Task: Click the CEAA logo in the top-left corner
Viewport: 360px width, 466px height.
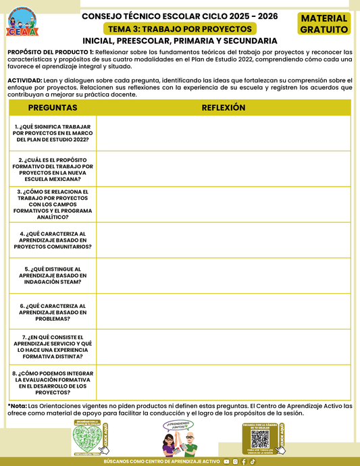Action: coord(23,23)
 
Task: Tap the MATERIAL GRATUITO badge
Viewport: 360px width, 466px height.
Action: coord(324,24)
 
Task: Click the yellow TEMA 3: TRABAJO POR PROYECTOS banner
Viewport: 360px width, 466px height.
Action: coord(180,29)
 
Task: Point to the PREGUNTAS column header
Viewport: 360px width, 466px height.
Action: coord(53,108)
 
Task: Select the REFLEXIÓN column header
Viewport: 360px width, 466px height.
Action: coord(224,108)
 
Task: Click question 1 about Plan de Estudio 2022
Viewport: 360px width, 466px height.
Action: coord(53,133)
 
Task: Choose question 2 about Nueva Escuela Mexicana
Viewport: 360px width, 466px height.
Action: coord(53,169)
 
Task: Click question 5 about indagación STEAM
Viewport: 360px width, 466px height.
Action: coord(53,275)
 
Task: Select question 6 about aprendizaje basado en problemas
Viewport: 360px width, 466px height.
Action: coord(53,311)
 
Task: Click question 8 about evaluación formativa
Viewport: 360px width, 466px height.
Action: coord(53,382)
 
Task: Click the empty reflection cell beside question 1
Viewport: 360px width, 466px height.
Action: coord(224,133)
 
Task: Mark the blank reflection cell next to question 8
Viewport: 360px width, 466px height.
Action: coord(224,382)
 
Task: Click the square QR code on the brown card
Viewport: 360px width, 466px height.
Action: coord(260,440)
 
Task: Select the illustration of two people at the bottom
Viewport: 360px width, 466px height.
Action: coord(179,440)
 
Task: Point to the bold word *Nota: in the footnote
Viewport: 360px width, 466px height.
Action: coord(18,406)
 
